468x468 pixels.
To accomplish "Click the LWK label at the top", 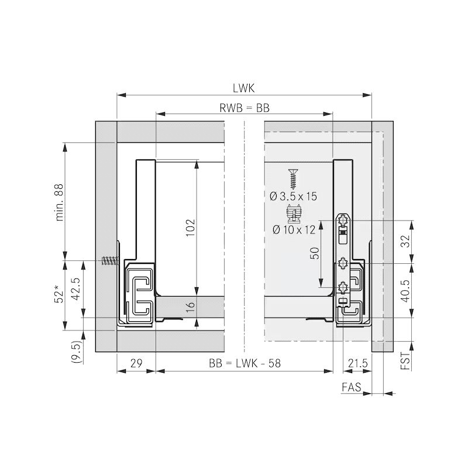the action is click(243, 88).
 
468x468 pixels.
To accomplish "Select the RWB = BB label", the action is click(245, 108).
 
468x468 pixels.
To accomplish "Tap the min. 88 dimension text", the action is click(60, 202).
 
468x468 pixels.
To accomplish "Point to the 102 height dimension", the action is click(190, 228).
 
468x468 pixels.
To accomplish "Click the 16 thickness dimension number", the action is click(190, 307).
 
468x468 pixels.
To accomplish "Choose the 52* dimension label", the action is click(60, 295).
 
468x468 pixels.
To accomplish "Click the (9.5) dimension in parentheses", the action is click(76, 352).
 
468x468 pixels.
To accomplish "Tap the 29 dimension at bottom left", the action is click(136, 363).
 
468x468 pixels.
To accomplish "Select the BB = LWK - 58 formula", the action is click(245, 363).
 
